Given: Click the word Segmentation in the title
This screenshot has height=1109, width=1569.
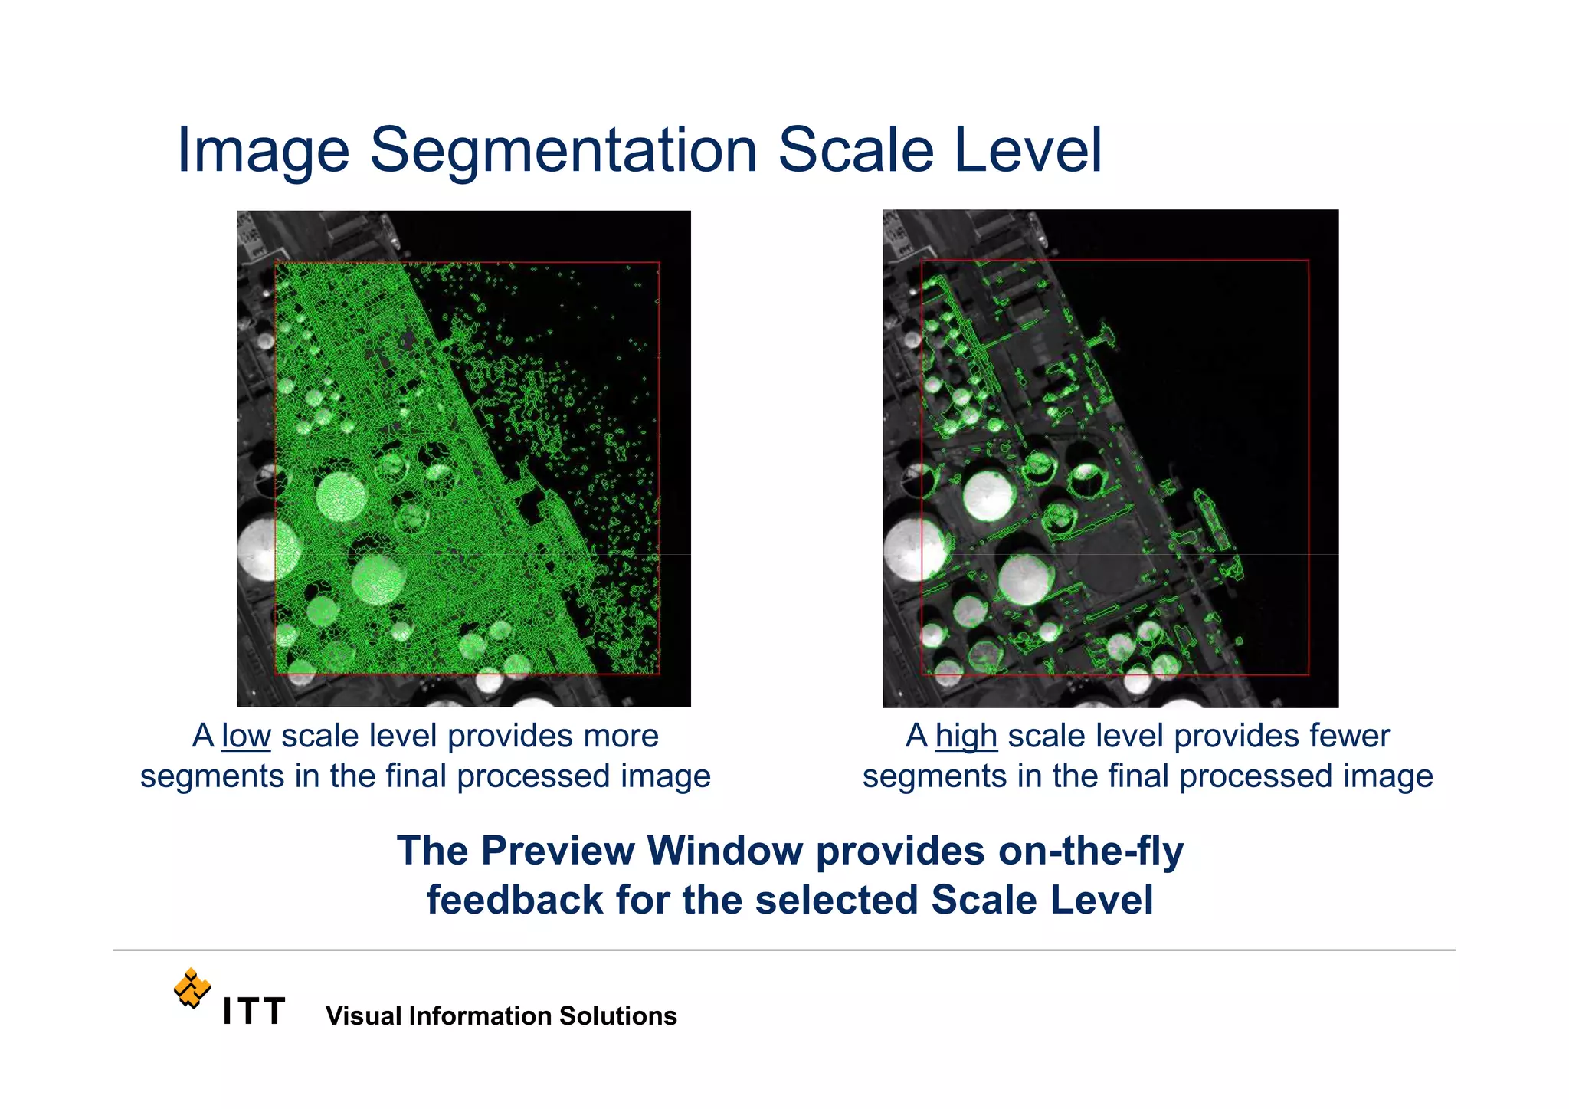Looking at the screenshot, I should click(x=563, y=150).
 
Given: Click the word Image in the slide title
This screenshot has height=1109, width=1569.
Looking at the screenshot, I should click(x=263, y=152).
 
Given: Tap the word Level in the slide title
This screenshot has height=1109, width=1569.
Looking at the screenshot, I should click(x=1027, y=150).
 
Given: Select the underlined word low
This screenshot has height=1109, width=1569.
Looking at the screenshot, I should click(x=246, y=737).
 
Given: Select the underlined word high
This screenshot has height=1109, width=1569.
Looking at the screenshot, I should click(x=965, y=737).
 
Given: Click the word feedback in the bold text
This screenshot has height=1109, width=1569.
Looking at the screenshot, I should click(x=514, y=901).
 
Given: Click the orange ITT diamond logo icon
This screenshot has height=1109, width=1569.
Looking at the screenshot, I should click(x=192, y=988).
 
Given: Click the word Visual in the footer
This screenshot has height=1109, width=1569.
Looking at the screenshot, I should click(x=363, y=1016).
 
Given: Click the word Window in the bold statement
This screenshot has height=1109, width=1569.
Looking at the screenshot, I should click(x=724, y=851).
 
